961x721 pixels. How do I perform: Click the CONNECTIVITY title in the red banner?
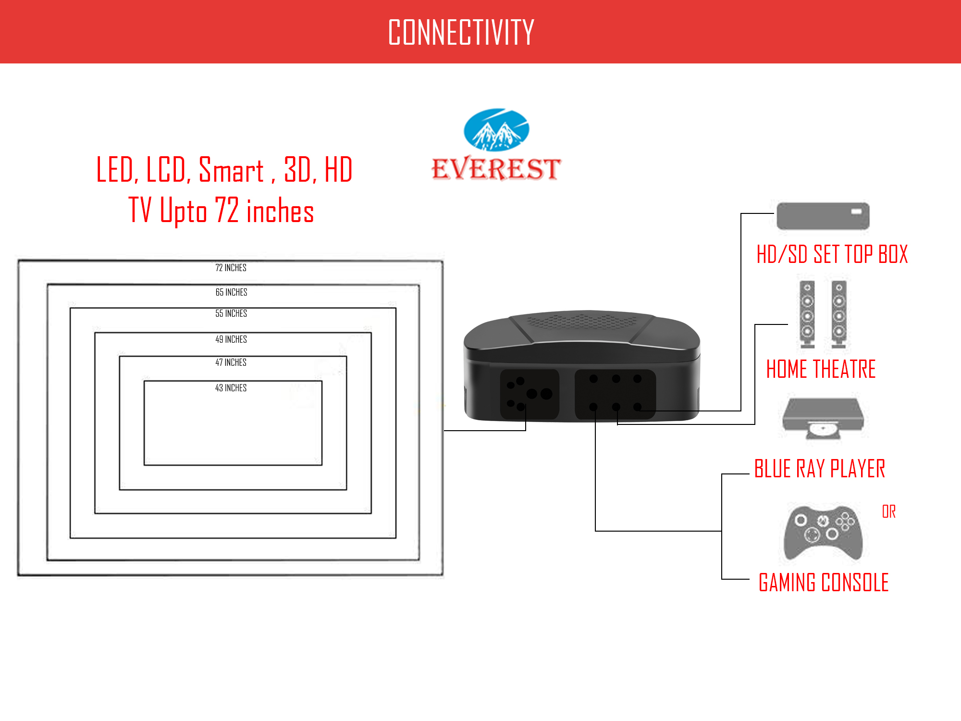tap(461, 32)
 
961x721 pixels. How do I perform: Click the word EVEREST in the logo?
tap(496, 169)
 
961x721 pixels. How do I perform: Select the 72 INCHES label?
tap(231, 268)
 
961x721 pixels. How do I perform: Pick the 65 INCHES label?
tap(231, 292)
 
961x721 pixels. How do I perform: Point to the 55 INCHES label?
tap(231, 313)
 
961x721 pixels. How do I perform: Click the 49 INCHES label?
tap(231, 339)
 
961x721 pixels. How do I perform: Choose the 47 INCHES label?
tap(231, 362)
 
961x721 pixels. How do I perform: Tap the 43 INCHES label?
tap(231, 388)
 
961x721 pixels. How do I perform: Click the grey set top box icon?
tap(823, 216)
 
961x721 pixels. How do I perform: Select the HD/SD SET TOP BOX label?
tap(832, 254)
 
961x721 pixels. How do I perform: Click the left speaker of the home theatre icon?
tap(807, 315)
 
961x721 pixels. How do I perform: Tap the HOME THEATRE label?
tap(821, 369)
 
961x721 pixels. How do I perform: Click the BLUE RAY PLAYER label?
tap(819, 469)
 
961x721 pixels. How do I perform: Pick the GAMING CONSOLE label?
tap(823, 583)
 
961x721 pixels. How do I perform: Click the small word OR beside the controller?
tap(888, 511)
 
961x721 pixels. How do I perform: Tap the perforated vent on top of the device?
tap(581, 321)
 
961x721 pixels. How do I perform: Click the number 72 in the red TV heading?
tap(226, 210)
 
